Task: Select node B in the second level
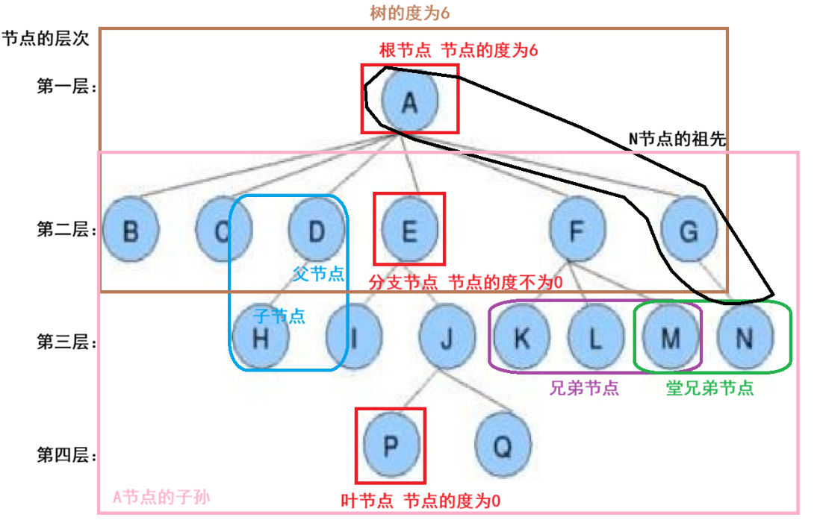[131, 231]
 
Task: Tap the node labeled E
[409, 231]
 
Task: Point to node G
[689, 231]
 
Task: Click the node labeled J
[447, 339]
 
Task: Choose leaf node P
[391, 446]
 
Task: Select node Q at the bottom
[503, 446]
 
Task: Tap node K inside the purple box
[521, 339]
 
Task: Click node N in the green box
[745, 339]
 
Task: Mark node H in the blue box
[261, 339]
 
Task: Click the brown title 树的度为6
[410, 13]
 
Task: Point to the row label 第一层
[66, 87]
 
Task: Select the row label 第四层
[66, 454]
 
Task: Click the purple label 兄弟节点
[584, 388]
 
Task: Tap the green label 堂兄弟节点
[709, 388]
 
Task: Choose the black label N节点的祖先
[678, 138]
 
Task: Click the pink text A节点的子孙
[161, 498]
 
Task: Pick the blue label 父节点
[319, 274]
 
